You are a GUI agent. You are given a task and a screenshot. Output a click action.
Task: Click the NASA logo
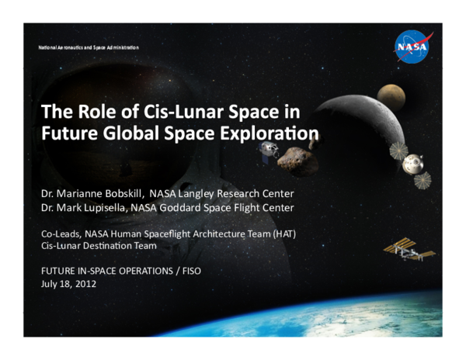(411, 46)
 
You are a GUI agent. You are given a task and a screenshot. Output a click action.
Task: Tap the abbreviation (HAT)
(281, 234)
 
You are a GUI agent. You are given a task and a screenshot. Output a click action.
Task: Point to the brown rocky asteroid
(297, 161)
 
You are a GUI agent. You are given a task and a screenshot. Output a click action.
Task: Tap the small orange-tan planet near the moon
(391, 96)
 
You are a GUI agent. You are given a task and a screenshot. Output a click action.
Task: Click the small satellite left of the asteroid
(268, 150)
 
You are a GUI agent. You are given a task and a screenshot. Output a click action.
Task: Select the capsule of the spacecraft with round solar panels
(412, 164)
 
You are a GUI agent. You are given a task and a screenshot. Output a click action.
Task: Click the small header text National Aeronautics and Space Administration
(89, 47)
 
